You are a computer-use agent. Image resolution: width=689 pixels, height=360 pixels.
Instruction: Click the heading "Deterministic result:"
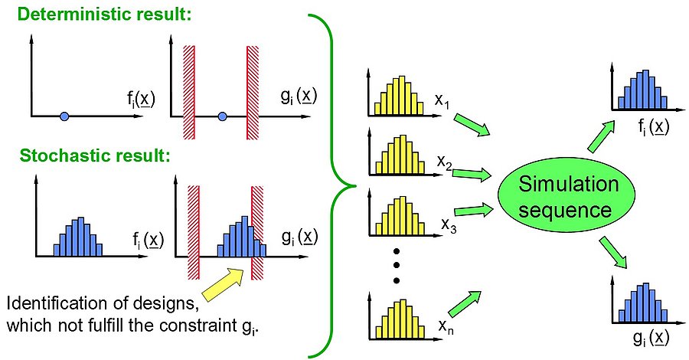coord(105,14)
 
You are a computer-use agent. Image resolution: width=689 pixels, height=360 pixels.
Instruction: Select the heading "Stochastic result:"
coord(94,155)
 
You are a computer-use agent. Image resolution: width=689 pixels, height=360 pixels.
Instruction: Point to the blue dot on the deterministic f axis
coord(64,116)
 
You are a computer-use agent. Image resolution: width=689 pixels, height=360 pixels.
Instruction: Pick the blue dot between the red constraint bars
coord(222,116)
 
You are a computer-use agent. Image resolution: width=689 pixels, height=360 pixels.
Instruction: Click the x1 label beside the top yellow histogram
coord(442,101)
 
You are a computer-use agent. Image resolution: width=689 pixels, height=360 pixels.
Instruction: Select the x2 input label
coord(444,162)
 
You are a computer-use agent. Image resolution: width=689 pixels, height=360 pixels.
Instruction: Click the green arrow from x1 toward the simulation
coord(472,124)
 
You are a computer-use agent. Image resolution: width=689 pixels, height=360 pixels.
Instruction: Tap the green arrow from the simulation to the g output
coord(613,252)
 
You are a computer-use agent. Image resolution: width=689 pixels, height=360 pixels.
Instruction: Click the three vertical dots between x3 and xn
coord(396,266)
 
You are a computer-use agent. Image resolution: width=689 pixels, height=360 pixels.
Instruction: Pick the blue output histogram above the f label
coord(643,89)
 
